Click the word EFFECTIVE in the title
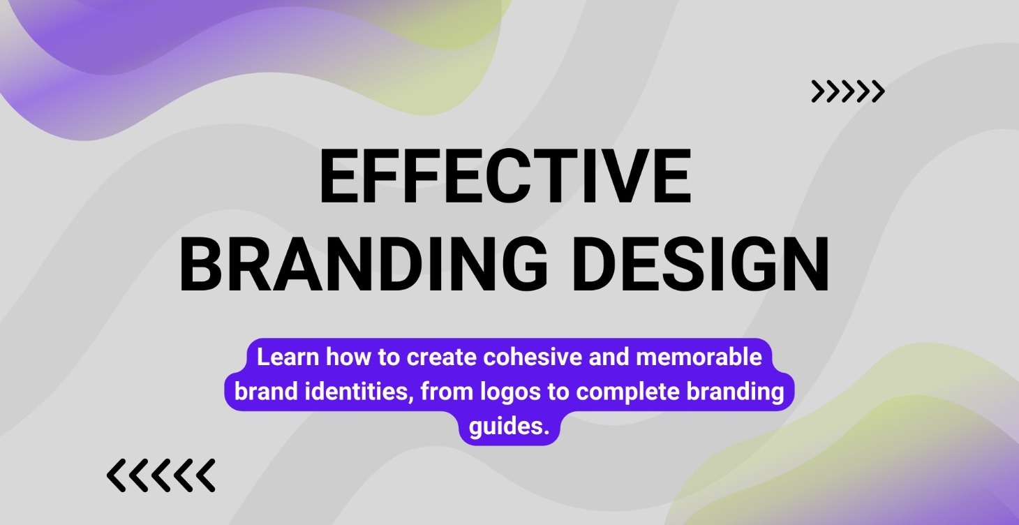505,176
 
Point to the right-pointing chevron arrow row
848,91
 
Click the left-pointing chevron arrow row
161,475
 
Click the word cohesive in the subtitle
533,357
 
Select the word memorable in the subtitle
699,357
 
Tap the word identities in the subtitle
359,391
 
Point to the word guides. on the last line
509,427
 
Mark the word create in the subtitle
441,357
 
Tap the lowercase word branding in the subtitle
735,392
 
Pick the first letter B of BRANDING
200,265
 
